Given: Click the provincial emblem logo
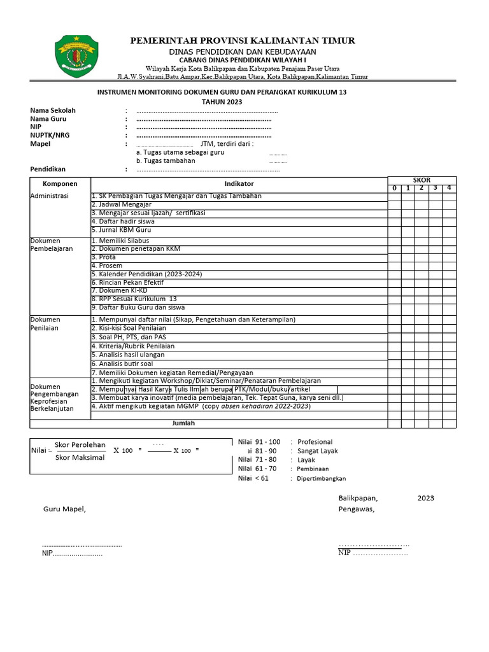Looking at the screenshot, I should [77, 56].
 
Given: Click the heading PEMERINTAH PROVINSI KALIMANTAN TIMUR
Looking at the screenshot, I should [243, 41].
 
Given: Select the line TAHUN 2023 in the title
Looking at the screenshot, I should [222, 102].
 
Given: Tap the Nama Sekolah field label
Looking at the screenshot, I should [53, 111].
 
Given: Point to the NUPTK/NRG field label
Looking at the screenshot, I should [50, 136].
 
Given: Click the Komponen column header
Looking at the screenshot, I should [60, 183].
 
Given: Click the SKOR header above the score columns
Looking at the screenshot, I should [422, 180].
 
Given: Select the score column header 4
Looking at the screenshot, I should [449, 188].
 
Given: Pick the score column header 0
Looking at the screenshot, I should [394, 188].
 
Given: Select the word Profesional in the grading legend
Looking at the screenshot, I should [315, 442].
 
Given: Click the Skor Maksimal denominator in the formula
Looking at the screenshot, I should [80, 457].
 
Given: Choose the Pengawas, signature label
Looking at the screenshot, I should [357, 509].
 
